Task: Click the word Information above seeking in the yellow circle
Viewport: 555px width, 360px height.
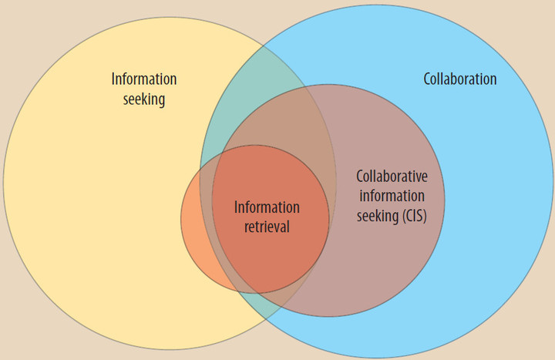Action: tap(144, 79)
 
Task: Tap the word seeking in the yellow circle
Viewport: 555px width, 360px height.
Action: tap(144, 99)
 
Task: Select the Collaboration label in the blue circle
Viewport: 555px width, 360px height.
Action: tap(460, 79)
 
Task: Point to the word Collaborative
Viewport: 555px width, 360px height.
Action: tap(392, 176)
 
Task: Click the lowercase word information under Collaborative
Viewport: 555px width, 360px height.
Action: tap(392, 195)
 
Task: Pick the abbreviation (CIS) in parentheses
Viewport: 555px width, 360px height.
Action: tap(412, 214)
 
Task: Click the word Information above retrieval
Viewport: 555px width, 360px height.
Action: tap(267, 207)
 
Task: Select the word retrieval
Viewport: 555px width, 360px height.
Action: tap(267, 227)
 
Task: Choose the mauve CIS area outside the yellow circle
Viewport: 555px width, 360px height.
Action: tap(385, 262)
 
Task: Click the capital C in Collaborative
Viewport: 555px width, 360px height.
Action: tap(360, 176)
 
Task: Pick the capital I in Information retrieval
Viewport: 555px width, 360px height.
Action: tap(236, 207)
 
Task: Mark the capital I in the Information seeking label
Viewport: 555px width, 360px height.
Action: tap(113, 79)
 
